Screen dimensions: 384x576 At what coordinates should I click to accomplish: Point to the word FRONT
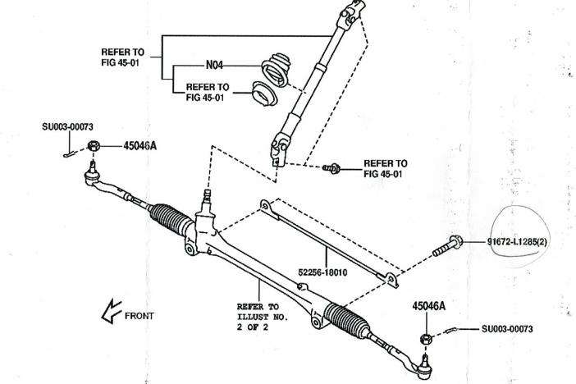(x=139, y=315)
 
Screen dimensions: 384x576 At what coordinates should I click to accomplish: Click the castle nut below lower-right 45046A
(x=426, y=338)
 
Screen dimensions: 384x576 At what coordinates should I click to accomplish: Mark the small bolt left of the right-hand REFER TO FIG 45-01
(x=332, y=167)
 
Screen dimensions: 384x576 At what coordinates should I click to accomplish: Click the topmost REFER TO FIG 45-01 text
(x=123, y=57)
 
